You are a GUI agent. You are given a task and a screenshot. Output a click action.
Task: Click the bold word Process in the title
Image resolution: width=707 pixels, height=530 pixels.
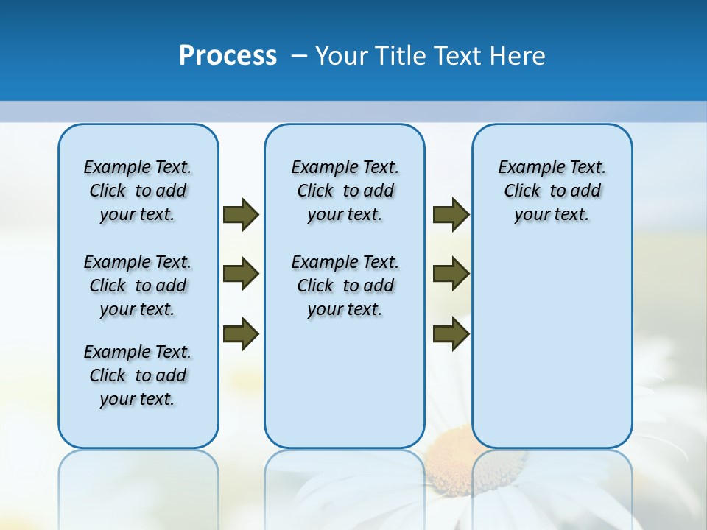click(x=228, y=55)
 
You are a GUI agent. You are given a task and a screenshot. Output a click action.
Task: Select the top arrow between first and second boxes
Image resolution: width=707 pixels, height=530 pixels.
click(x=241, y=215)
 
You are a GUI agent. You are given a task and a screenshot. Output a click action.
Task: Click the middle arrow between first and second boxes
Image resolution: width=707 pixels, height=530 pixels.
click(x=241, y=274)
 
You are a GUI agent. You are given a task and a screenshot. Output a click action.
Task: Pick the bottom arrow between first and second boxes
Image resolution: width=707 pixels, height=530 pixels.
click(x=241, y=334)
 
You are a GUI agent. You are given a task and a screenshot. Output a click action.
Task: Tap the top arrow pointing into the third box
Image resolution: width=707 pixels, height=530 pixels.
click(x=451, y=215)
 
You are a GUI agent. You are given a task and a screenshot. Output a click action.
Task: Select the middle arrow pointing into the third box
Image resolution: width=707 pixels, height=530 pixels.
click(x=451, y=274)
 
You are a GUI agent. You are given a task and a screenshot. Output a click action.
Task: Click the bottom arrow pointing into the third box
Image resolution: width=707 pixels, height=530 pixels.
click(x=451, y=334)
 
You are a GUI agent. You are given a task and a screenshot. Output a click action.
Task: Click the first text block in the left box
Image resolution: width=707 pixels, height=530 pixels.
click(x=138, y=191)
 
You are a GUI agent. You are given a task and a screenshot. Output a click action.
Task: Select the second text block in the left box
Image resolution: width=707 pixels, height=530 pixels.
click(x=138, y=286)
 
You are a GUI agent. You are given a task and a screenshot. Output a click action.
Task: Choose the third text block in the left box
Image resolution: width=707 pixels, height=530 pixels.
click(x=138, y=375)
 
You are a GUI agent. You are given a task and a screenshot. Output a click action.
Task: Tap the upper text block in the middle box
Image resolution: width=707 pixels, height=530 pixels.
click(x=345, y=191)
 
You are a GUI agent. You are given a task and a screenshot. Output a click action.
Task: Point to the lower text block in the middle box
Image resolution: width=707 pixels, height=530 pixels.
click(x=345, y=286)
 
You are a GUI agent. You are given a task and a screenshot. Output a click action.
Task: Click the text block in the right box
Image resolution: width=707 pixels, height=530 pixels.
click(x=552, y=191)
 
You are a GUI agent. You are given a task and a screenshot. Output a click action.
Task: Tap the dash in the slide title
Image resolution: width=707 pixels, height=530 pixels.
click(x=299, y=56)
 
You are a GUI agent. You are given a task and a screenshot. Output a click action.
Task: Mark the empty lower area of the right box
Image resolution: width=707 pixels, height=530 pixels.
click(x=552, y=346)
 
